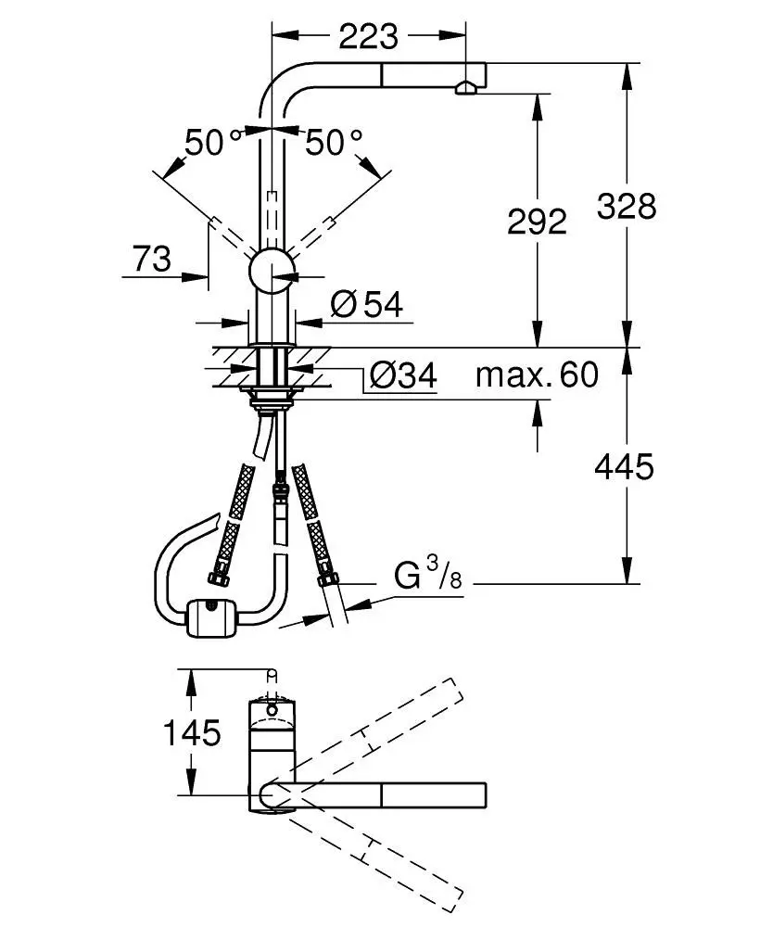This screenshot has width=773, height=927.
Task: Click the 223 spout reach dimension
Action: (x=368, y=36)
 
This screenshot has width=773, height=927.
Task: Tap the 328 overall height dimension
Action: (x=626, y=205)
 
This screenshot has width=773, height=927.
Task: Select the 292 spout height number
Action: (x=537, y=221)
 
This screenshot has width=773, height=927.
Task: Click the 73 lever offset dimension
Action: (x=152, y=260)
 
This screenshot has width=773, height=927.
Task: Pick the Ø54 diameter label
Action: (x=367, y=304)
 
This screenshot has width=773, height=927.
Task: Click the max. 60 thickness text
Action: (x=537, y=375)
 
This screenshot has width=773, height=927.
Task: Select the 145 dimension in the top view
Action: (x=193, y=733)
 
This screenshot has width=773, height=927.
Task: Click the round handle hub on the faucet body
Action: (x=272, y=271)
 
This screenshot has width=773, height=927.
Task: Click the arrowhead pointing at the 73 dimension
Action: (x=196, y=275)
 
